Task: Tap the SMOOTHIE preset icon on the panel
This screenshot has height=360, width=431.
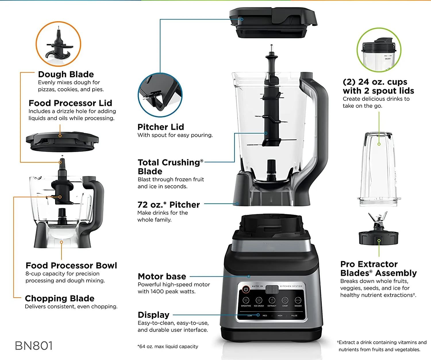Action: [x=246, y=300]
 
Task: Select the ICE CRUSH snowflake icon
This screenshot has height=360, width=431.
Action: [x=259, y=300]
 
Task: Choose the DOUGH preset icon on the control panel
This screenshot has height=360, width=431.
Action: [x=298, y=300]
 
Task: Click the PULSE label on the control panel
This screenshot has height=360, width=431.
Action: [x=294, y=315]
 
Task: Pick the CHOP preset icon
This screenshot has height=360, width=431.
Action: [x=285, y=300]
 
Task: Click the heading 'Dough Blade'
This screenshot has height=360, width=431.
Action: [x=66, y=74]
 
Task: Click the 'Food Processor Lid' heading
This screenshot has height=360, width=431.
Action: [x=70, y=103]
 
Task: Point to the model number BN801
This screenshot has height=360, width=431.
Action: [x=34, y=346]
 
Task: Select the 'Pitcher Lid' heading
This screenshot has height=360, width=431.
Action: [x=161, y=127]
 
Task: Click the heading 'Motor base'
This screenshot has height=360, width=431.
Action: [x=162, y=276]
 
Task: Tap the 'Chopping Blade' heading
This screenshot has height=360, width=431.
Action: [x=59, y=298]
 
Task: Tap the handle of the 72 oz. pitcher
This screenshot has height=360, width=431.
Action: [x=319, y=121]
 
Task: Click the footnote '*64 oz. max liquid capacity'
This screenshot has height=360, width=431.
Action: [x=168, y=346]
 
